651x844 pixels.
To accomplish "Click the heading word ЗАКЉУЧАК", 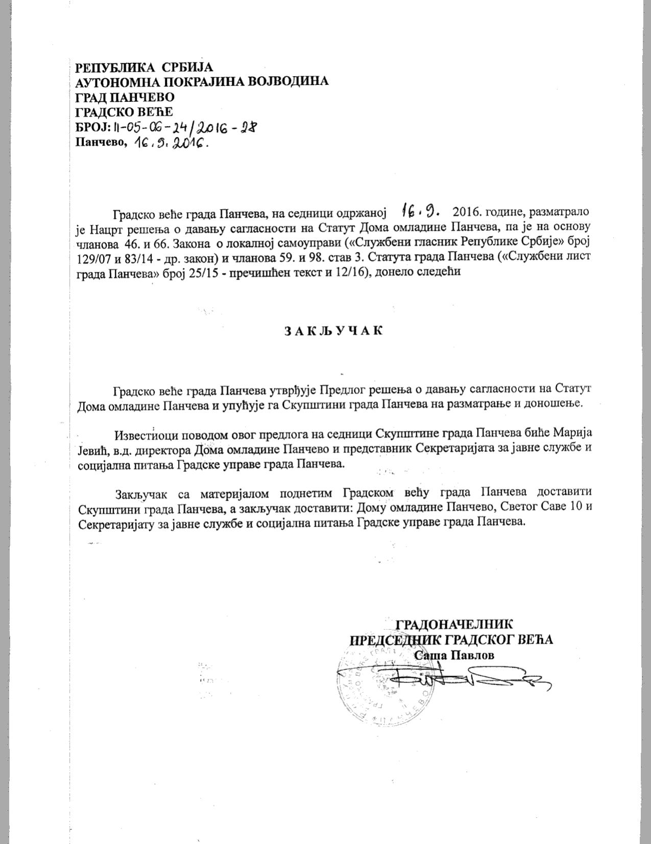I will (x=333, y=330).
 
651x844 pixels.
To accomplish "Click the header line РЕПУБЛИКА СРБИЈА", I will (x=144, y=67).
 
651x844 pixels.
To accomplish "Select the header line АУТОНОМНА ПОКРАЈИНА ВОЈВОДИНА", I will (x=202, y=82).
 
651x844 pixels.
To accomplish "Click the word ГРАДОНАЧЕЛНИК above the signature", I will (x=454, y=624).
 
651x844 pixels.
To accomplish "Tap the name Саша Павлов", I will (x=454, y=655).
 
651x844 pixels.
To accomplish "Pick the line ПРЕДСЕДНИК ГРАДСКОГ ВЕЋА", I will (x=451, y=640).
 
